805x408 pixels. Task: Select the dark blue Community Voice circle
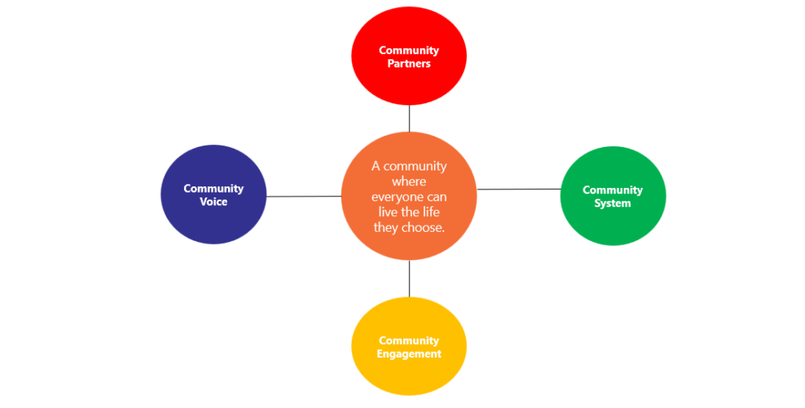(x=213, y=220)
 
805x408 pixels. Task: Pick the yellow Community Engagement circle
(x=408, y=373)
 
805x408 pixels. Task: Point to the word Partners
(x=409, y=64)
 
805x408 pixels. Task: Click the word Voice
(x=213, y=202)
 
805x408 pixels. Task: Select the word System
(x=612, y=204)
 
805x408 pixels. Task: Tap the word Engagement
(x=409, y=354)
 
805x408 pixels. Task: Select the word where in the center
(x=408, y=182)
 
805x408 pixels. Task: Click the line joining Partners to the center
(x=409, y=119)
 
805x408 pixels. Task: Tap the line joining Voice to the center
(x=303, y=196)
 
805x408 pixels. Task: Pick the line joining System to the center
(x=519, y=189)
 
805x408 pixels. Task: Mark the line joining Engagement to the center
(x=409, y=278)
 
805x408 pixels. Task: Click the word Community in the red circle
(x=409, y=50)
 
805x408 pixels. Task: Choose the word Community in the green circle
(x=612, y=190)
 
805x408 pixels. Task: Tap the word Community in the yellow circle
(x=409, y=340)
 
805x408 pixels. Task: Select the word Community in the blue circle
(x=213, y=189)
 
